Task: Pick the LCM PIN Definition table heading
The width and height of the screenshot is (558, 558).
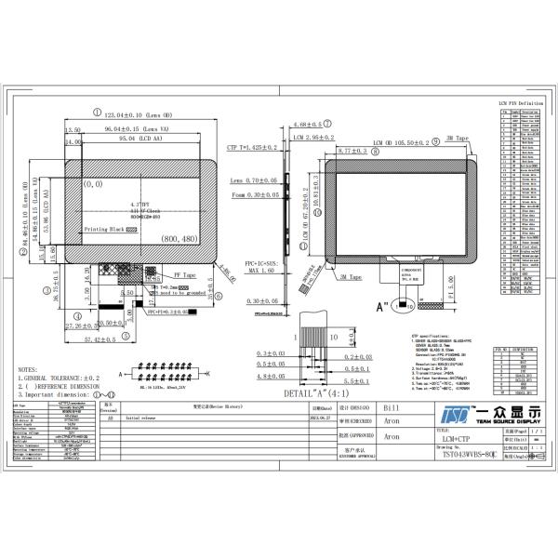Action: tap(521, 103)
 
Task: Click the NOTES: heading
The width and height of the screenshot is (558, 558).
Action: tap(31, 369)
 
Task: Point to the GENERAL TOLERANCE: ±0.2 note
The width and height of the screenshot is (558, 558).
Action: tap(61, 379)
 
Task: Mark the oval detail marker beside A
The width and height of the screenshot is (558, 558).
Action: tap(407, 303)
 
